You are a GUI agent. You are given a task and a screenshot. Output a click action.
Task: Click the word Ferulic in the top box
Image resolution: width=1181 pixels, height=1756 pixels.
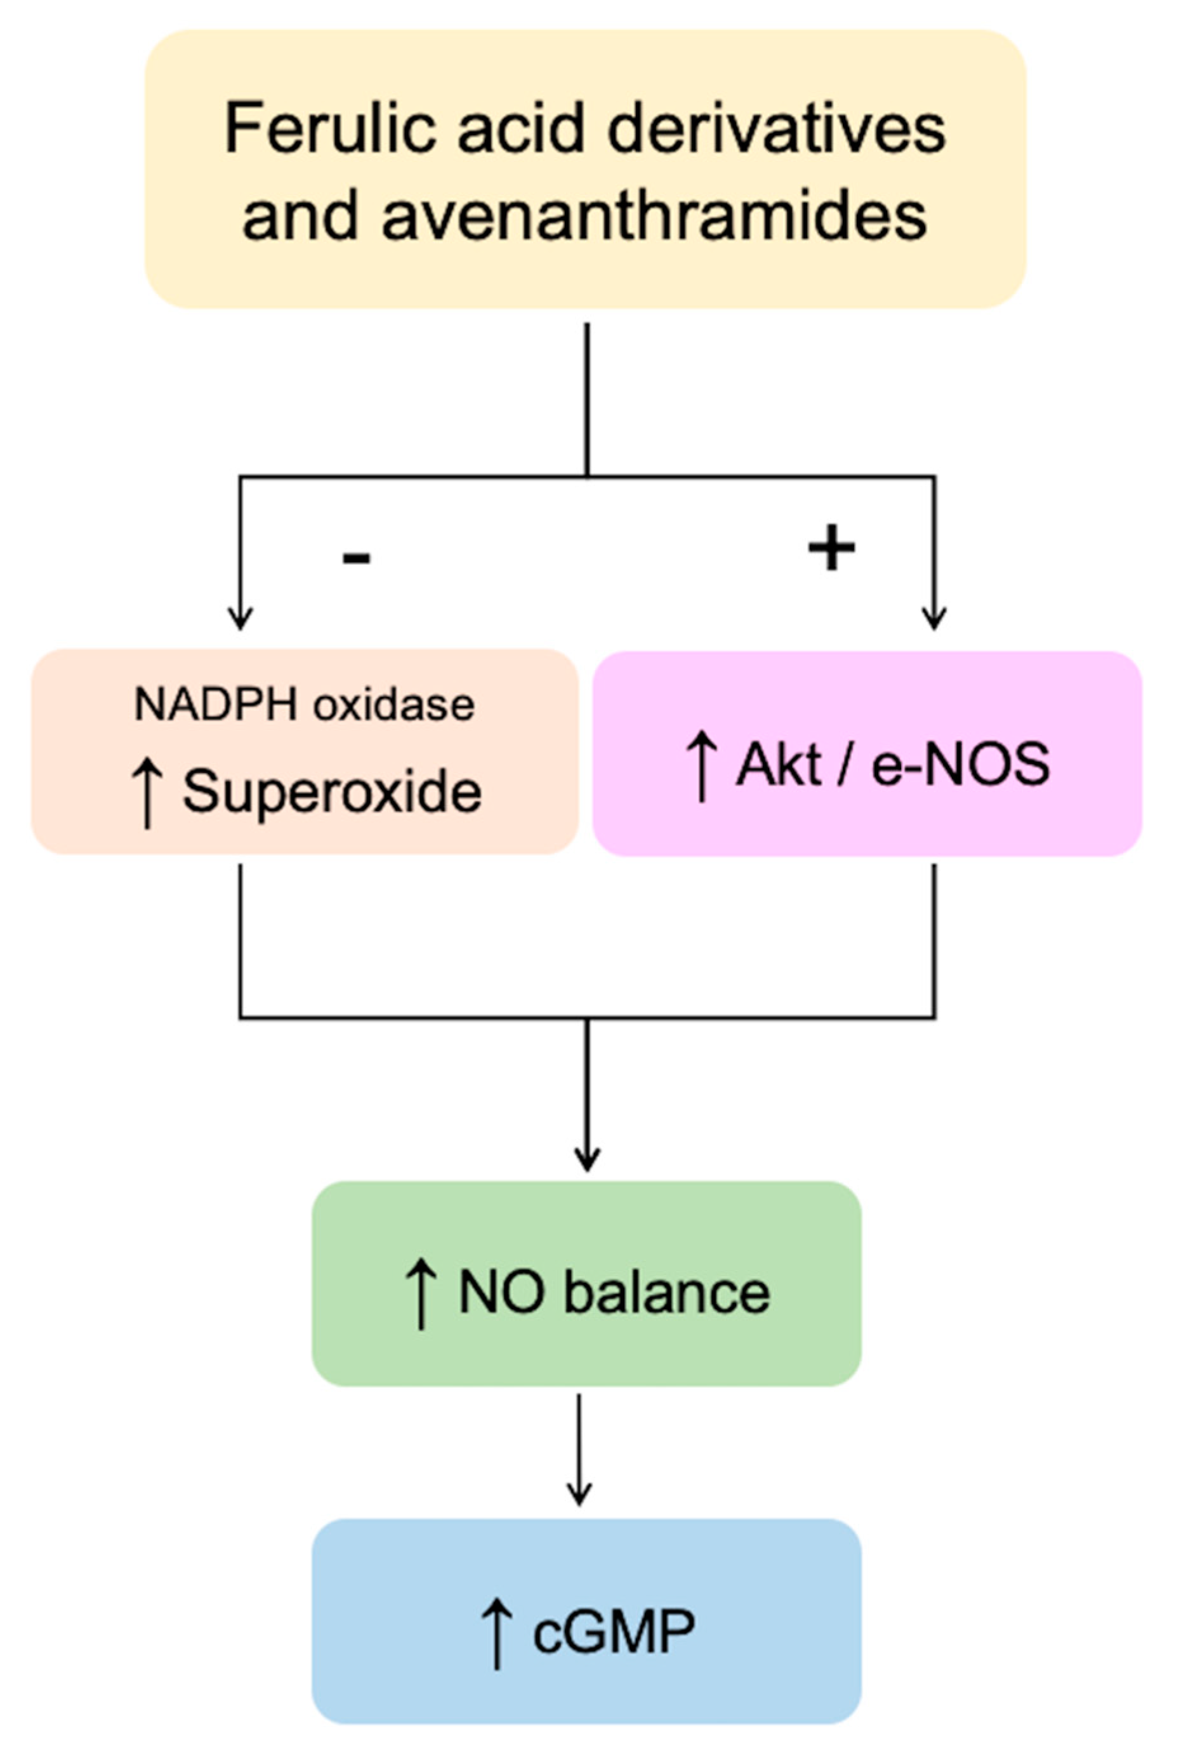click(x=329, y=129)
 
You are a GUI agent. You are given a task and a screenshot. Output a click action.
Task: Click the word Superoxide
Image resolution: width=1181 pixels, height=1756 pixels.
click(x=331, y=792)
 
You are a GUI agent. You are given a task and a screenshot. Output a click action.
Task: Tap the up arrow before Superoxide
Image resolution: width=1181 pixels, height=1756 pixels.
click(x=148, y=793)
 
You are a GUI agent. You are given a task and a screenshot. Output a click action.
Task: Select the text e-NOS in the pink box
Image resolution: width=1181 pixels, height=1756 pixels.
click(x=960, y=764)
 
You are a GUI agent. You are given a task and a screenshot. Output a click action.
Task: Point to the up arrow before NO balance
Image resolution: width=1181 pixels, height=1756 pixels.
click(x=421, y=1295)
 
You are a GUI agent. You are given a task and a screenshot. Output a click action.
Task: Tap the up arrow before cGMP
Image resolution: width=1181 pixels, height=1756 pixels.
click(x=497, y=1634)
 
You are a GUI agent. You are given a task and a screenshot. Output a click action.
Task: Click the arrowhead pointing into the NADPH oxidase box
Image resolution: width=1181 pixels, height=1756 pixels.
click(x=241, y=618)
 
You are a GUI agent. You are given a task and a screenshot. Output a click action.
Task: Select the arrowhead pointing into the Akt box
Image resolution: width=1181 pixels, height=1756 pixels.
click(x=934, y=618)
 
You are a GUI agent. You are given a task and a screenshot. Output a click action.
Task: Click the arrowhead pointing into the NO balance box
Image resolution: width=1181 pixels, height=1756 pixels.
click(x=587, y=1159)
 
